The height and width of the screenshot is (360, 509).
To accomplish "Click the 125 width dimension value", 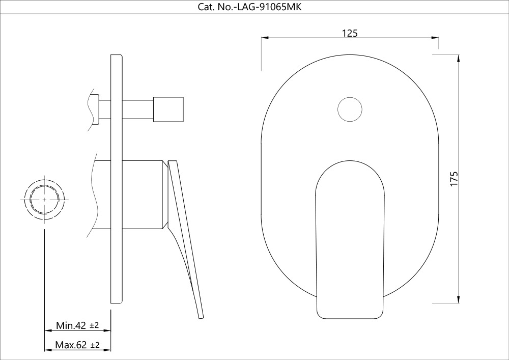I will (x=349, y=33).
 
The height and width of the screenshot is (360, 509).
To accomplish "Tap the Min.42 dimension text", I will (x=70, y=325).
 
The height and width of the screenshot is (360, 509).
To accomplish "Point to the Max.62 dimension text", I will (x=71, y=345).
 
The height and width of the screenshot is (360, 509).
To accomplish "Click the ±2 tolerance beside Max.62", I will (x=95, y=345).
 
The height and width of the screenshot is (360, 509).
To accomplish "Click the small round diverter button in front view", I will (x=350, y=109).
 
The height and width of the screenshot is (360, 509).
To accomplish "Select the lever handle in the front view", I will (x=349, y=239).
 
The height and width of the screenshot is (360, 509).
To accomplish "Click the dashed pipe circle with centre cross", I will (x=44, y=200).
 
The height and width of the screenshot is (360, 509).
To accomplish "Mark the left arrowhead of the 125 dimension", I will (x=265, y=38).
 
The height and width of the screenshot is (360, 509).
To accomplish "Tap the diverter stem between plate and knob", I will (x=138, y=109).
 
